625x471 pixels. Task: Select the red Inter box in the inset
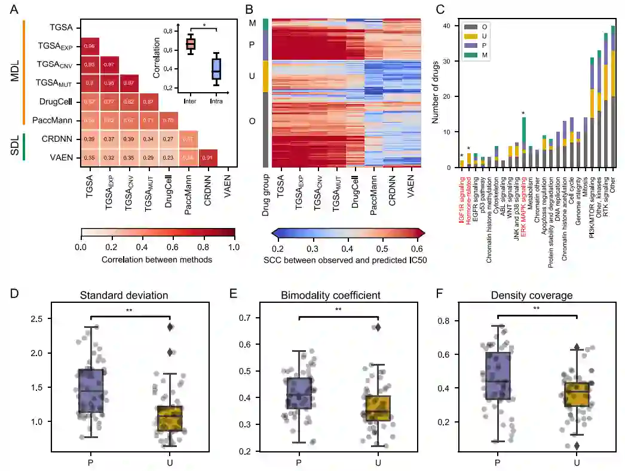tap(190, 44)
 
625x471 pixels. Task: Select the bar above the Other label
tap(612, 96)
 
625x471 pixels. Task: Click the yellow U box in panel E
tap(378, 408)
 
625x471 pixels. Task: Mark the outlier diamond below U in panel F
tap(577, 445)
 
